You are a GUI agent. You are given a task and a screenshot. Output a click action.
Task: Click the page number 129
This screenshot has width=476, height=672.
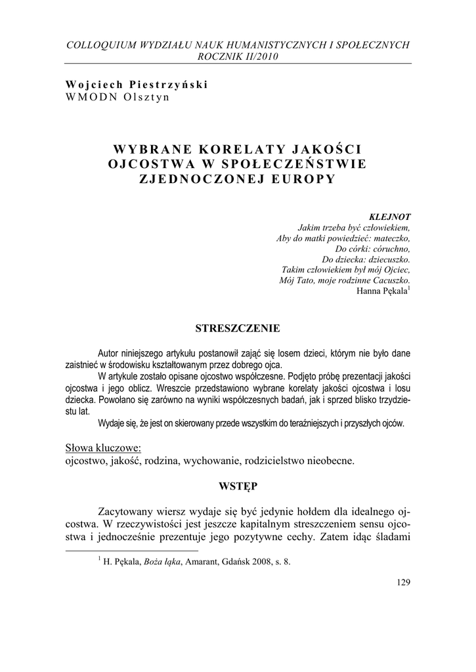click(404, 581)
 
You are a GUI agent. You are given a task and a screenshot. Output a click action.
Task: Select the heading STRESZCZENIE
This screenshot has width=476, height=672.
click(238, 327)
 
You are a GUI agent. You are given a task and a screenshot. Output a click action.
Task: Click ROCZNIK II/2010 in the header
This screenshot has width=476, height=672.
click(238, 56)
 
